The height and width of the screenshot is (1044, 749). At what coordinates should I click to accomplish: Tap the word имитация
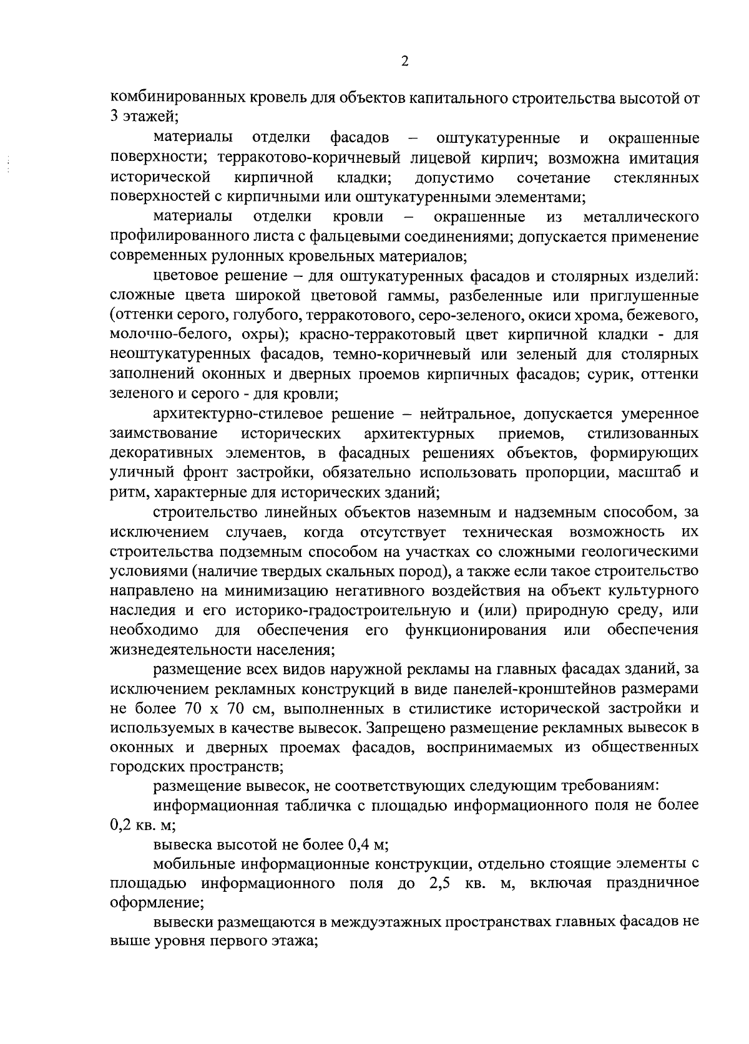click(667, 158)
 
